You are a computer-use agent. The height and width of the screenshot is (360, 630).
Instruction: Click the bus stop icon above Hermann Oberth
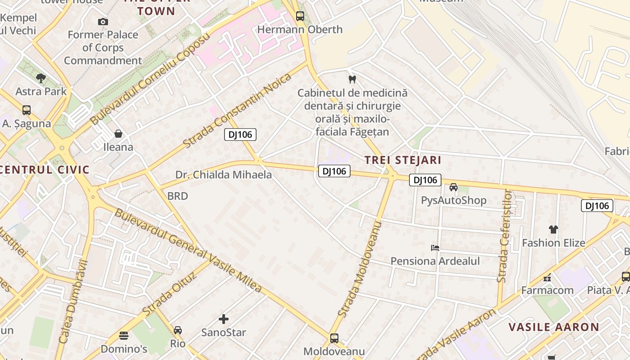(x=300, y=16)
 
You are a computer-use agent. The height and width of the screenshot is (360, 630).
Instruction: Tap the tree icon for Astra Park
(x=41, y=78)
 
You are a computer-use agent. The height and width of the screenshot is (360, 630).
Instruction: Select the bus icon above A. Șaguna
(x=27, y=110)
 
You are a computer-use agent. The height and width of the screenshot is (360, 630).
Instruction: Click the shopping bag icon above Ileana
(x=118, y=134)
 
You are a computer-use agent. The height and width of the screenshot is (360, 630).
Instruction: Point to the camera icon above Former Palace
(x=103, y=22)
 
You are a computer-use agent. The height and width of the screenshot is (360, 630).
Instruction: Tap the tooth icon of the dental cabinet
(x=352, y=79)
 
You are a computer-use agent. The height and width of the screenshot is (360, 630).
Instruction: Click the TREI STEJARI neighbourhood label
(x=403, y=160)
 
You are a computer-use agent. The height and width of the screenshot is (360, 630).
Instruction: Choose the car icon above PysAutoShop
(x=454, y=187)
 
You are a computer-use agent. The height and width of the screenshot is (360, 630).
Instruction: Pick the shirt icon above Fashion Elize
(x=553, y=229)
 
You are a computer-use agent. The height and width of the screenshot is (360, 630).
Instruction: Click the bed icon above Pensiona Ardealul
(x=435, y=247)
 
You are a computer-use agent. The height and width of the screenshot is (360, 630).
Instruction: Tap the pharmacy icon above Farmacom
(x=547, y=277)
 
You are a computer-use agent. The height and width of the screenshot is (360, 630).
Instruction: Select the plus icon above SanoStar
(x=224, y=319)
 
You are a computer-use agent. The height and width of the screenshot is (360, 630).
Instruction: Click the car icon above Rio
(x=178, y=330)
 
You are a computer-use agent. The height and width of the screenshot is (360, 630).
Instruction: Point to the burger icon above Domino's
(x=124, y=335)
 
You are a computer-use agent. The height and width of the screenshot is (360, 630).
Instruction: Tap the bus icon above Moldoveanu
(x=334, y=338)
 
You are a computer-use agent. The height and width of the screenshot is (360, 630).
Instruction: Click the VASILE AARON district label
(x=554, y=327)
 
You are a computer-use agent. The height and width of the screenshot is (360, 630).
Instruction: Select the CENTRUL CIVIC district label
(x=45, y=170)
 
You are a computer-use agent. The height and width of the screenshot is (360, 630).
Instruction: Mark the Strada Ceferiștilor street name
(x=505, y=236)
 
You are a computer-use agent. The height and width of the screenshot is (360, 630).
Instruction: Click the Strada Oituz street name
(x=169, y=293)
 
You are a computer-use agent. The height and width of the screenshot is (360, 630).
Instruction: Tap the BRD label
(x=178, y=196)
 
